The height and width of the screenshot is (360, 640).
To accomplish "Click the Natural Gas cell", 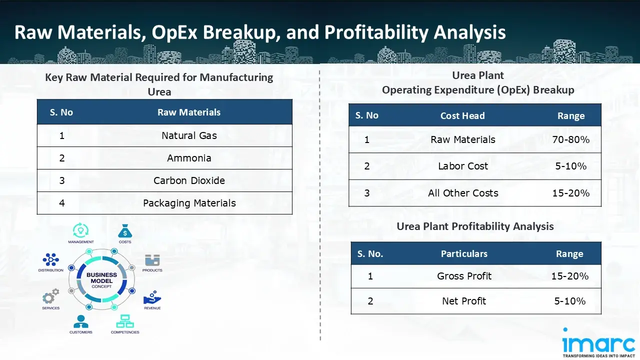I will [189, 135].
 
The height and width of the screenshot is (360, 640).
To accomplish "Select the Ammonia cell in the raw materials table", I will [189, 158].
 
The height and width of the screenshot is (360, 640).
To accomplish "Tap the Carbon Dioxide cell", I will [189, 180].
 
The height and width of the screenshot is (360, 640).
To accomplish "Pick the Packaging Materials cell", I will [189, 203].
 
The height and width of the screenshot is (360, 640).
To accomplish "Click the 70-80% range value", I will [570, 139].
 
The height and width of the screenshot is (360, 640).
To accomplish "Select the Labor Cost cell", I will [462, 166].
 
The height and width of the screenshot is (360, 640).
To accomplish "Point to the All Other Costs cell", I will [462, 193].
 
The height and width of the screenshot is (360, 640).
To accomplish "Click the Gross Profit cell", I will [464, 276].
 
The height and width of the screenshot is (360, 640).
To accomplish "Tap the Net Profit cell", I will [464, 301].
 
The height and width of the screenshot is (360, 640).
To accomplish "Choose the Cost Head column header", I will [462, 115].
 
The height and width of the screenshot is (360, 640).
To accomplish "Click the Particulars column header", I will [464, 254].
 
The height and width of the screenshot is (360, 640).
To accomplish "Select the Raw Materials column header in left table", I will [189, 112].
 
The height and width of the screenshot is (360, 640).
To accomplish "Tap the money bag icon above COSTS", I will [125, 231].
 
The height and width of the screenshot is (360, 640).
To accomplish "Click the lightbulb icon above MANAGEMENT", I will [80, 230].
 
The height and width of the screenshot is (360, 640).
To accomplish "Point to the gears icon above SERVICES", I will [50, 296].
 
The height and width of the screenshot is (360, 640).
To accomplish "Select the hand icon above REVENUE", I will [152, 298].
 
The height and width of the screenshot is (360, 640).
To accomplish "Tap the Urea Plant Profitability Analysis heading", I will [475, 226].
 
